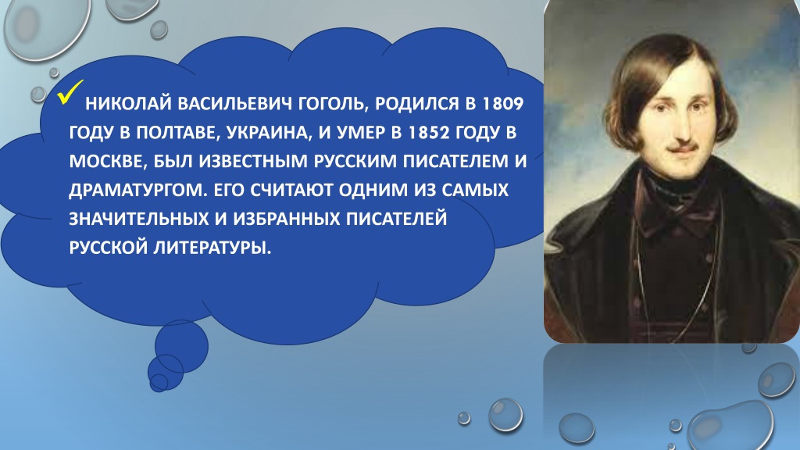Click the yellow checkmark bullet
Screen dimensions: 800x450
pyautogui.click(x=70, y=92)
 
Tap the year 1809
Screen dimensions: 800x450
pyautogui.click(x=503, y=104)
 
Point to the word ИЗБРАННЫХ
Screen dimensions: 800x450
pyautogui.click(x=287, y=219)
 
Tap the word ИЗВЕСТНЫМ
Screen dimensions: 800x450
pyautogui.click(x=253, y=161)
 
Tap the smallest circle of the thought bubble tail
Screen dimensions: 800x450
pyautogui.click(x=159, y=383)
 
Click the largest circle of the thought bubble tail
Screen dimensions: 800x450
pyautogui.click(x=181, y=346)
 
